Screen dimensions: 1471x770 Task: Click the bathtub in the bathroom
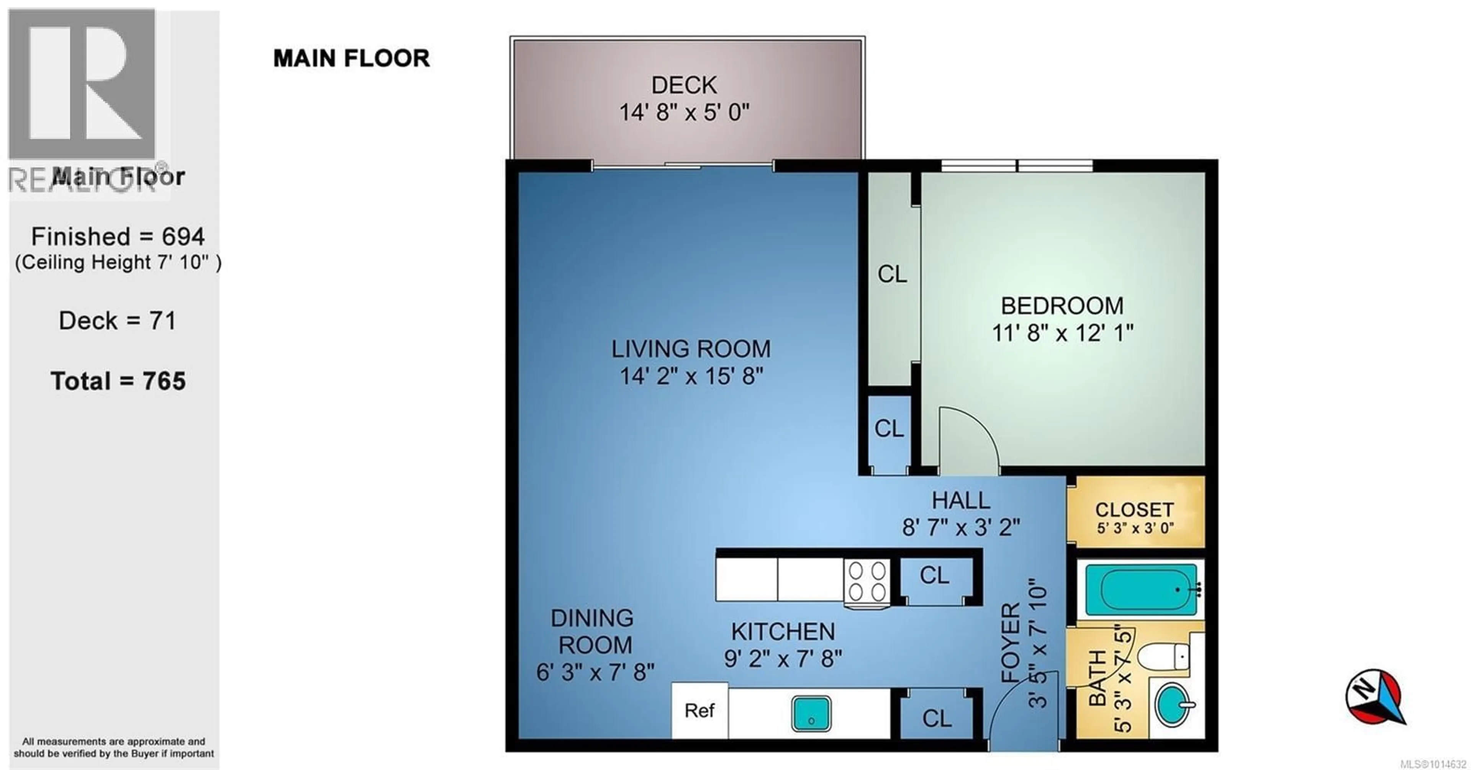(1141, 590)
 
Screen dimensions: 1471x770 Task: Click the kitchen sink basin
(811, 713)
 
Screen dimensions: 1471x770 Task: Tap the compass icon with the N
(1375, 697)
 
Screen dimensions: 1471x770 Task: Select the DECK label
(684, 85)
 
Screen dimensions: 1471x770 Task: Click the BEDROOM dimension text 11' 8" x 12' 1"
(1062, 332)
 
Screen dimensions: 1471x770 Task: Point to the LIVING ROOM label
(691, 349)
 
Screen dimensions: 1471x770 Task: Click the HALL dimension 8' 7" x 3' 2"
(961, 527)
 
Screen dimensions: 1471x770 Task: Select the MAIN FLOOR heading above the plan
(351, 58)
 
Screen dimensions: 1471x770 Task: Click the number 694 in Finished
(183, 236)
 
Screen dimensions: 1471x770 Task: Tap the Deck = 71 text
(118, 321)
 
